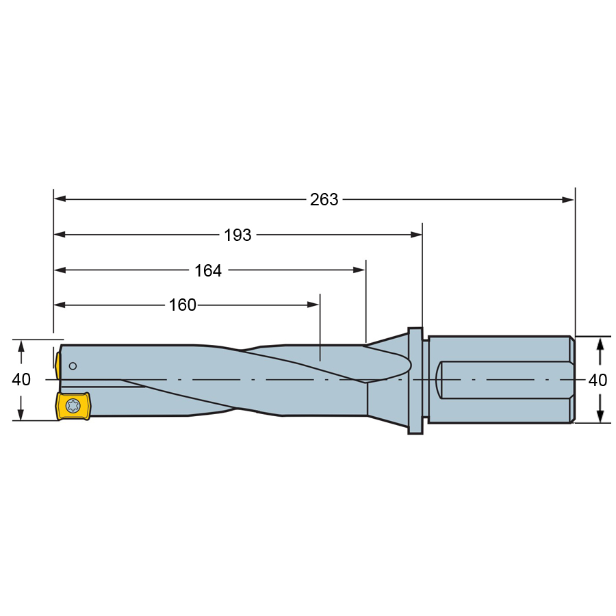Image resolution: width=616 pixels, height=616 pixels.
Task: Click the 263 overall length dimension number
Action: (324, 200)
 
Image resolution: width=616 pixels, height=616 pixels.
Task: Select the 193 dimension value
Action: (238, 235)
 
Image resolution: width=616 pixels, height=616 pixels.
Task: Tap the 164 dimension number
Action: (208, 270)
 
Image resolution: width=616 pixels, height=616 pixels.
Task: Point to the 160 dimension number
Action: (182, 305)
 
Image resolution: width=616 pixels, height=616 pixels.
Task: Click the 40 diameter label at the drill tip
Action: (21, 379)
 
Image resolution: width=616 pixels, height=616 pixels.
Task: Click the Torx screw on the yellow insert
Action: (73, 405)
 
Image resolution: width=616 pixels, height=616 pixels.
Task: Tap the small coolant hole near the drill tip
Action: (73, 366)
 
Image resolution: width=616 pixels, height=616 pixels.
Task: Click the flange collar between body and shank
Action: (415, 381)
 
